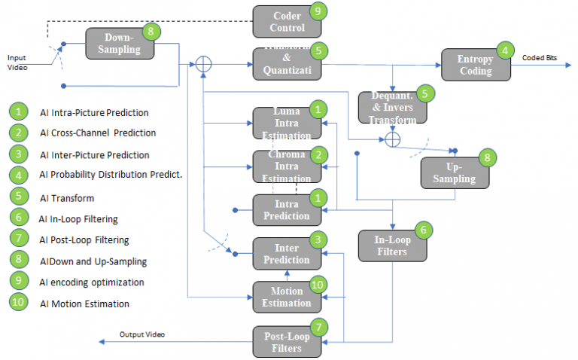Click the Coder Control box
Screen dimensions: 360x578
pyautogui.click(x=287, y=22)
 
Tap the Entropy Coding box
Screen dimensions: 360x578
pyautogui.click(x=476, y=65)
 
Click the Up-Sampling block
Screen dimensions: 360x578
pyautogui.click(x=455, y=173)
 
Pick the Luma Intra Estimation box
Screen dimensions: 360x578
pyautogui.click(x=286, y=124)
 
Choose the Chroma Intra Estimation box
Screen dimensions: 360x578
pyautogui.click(x=286, y=166)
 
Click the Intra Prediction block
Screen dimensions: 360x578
pyautogui.click(x=286, y=210)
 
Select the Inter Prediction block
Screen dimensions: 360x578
pyautogui.click(x=286, y=254)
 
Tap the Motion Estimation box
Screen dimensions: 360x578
pyautogui.click(x=286, y=297)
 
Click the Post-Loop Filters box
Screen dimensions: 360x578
pyautogui.click(x=286, y=341)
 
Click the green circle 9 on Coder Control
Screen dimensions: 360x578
pyautogui.click(x=318, y=11)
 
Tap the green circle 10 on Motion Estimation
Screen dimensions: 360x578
pyautogui.click(x=318, y=285)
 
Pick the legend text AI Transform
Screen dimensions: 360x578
pyautogui.click(x=68, y=197)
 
